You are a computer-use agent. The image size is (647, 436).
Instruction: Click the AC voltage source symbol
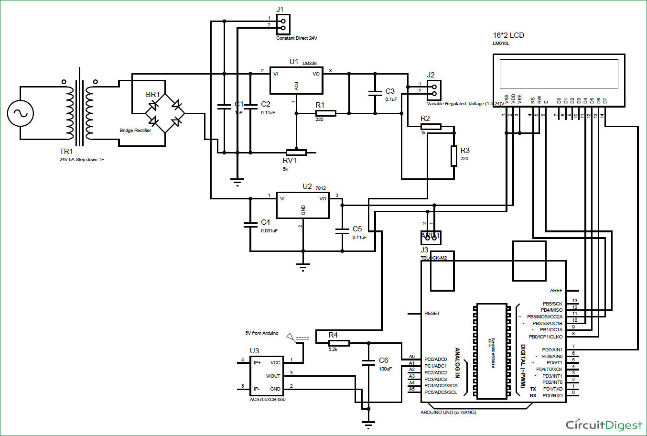21,113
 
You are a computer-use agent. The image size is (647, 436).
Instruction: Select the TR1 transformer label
66,152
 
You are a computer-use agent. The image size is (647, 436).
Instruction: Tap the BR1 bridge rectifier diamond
165,113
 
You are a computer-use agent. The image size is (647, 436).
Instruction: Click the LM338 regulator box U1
296,80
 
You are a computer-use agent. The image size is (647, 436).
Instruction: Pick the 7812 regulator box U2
303,206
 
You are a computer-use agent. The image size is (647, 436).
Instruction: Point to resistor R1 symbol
325,113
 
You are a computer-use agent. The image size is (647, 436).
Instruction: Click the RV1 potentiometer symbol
296,153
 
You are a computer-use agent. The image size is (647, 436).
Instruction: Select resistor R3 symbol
453,156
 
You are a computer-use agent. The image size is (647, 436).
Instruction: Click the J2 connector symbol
434,90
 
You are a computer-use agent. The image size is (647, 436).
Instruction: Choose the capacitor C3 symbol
375,93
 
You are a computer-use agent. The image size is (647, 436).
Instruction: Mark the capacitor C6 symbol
368,363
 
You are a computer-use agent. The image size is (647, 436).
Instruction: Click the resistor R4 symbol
339,343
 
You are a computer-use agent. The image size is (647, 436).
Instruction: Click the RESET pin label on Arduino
431,314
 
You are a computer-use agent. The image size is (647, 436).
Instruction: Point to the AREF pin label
556,291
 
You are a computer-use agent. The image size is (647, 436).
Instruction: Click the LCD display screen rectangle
558,74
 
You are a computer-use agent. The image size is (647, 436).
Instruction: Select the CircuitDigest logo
604,425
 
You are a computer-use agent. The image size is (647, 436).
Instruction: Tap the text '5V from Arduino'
261,333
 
